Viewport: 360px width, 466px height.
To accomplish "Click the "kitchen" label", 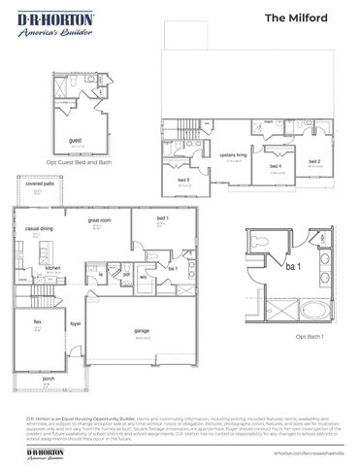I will coord(52,268).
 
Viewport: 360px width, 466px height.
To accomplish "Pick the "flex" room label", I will coord(38,321).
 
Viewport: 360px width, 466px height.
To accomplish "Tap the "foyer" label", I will coord(74,324).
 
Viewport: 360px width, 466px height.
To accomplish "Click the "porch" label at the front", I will coord(35,379).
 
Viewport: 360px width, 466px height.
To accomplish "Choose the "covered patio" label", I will coord(40,183).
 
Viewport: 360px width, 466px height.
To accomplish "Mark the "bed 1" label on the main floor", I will coord(162,219).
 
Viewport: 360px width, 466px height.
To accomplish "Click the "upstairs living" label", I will coord(234,154).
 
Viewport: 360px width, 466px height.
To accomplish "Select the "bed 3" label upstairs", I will coord(183,180).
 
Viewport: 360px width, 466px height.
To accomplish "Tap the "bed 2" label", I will coord(314,161).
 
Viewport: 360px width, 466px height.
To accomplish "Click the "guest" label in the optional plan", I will coord(75,141).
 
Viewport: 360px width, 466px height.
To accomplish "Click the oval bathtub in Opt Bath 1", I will coord(313,313).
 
